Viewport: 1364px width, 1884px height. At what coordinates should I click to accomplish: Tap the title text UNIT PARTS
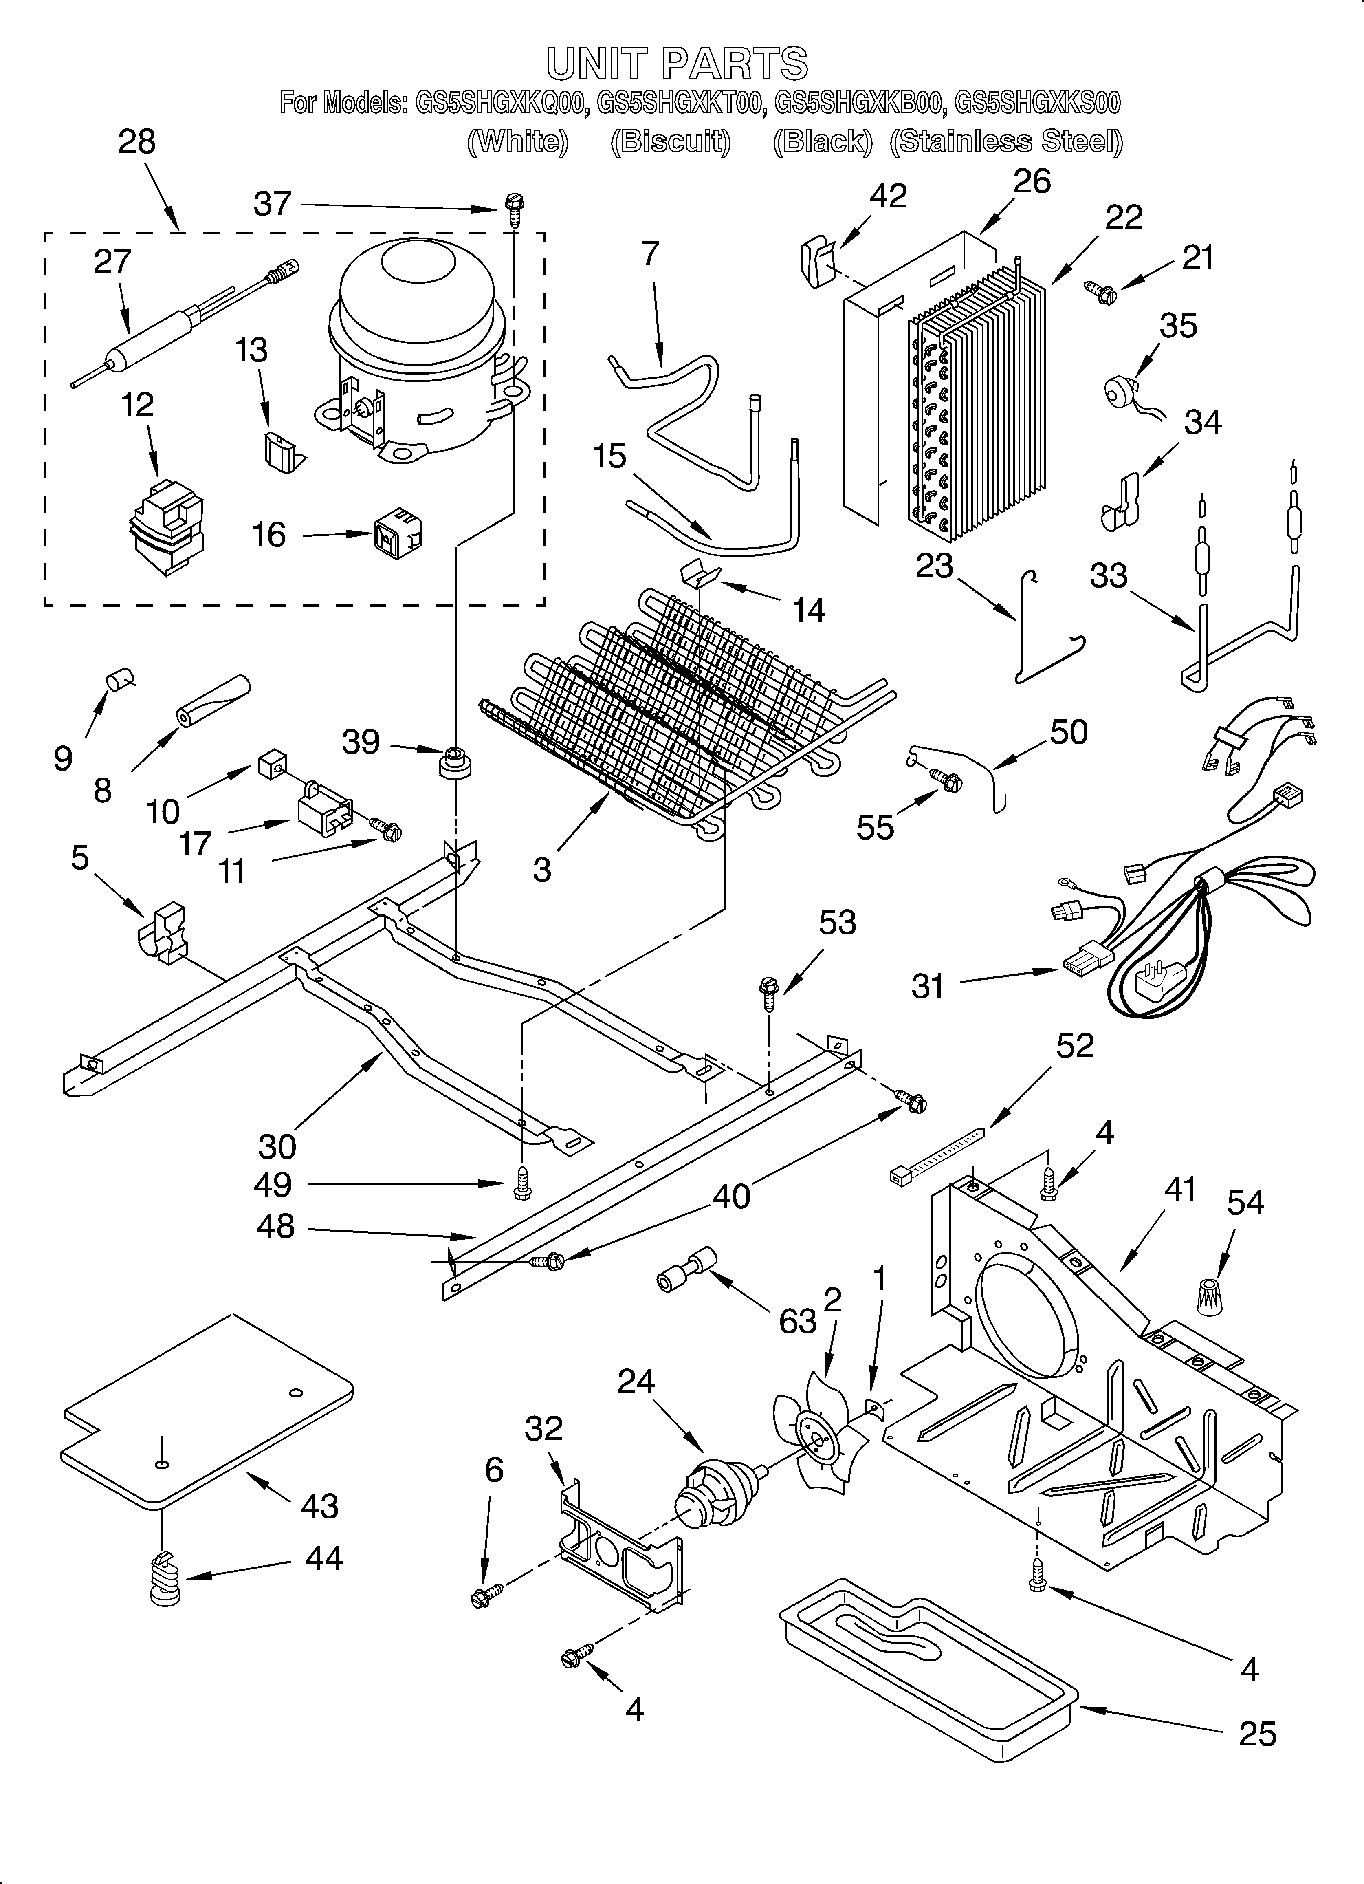tap(677, 63)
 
